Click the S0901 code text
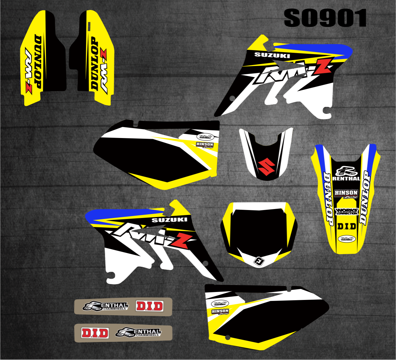pos(325,18)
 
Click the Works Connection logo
pos(346,211)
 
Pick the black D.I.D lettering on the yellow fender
pos(346,226)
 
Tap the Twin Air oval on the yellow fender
pos(346,239)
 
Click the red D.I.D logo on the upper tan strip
pos(149,306)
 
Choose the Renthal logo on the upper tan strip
pos(105,306)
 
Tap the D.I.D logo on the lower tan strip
pos(95,332)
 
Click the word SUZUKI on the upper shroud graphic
pos(267,55)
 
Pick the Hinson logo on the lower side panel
pos(220,311)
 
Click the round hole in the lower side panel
pos(227,338)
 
